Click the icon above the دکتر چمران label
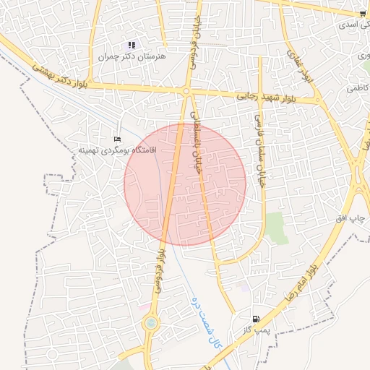[132, 45]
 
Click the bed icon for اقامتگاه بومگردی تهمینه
[118, 138]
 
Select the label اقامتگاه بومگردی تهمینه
[118, 150]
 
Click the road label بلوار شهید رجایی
[262, 96]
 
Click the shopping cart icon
[362, 14]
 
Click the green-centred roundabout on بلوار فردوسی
[150, 324]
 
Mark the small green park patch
[275, 228]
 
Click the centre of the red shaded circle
[185, 184]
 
